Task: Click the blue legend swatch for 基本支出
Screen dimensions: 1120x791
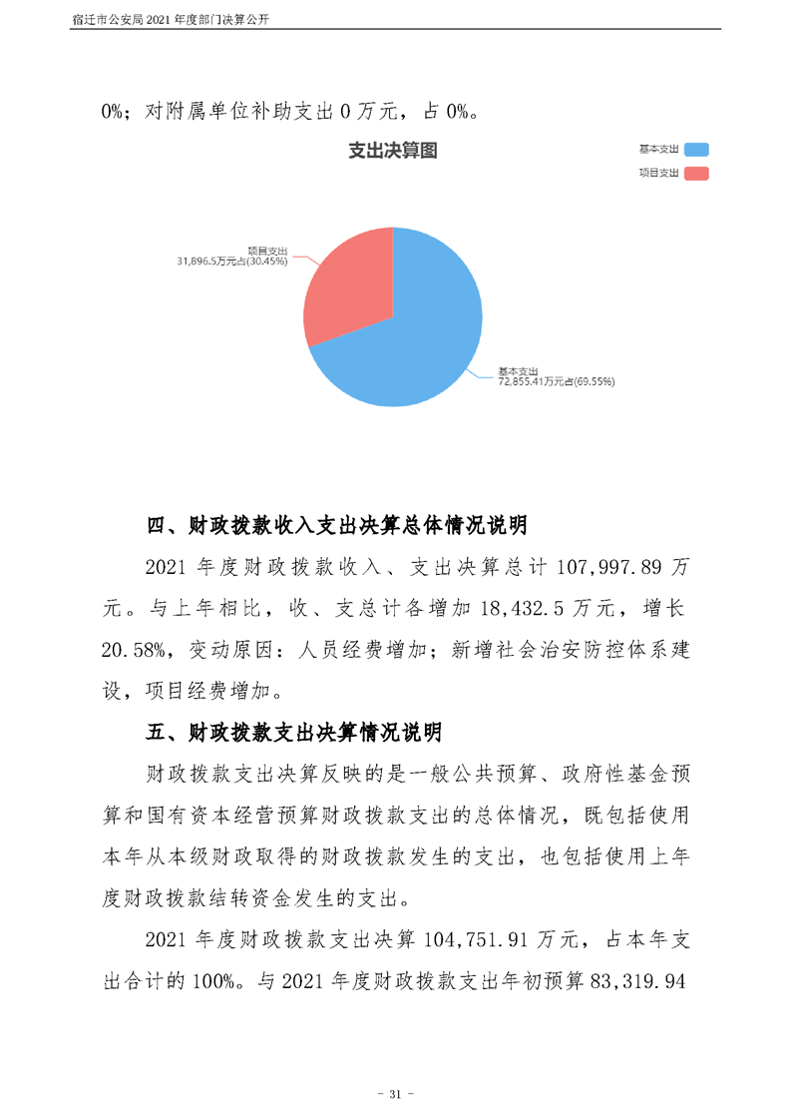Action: click(x=696, y=149)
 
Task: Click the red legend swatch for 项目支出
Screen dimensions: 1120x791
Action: click(x=696, y=174)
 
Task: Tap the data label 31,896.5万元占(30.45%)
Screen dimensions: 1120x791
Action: click(x=232, y=262)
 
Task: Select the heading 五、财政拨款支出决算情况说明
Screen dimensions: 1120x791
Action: click(x=293, y=733)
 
